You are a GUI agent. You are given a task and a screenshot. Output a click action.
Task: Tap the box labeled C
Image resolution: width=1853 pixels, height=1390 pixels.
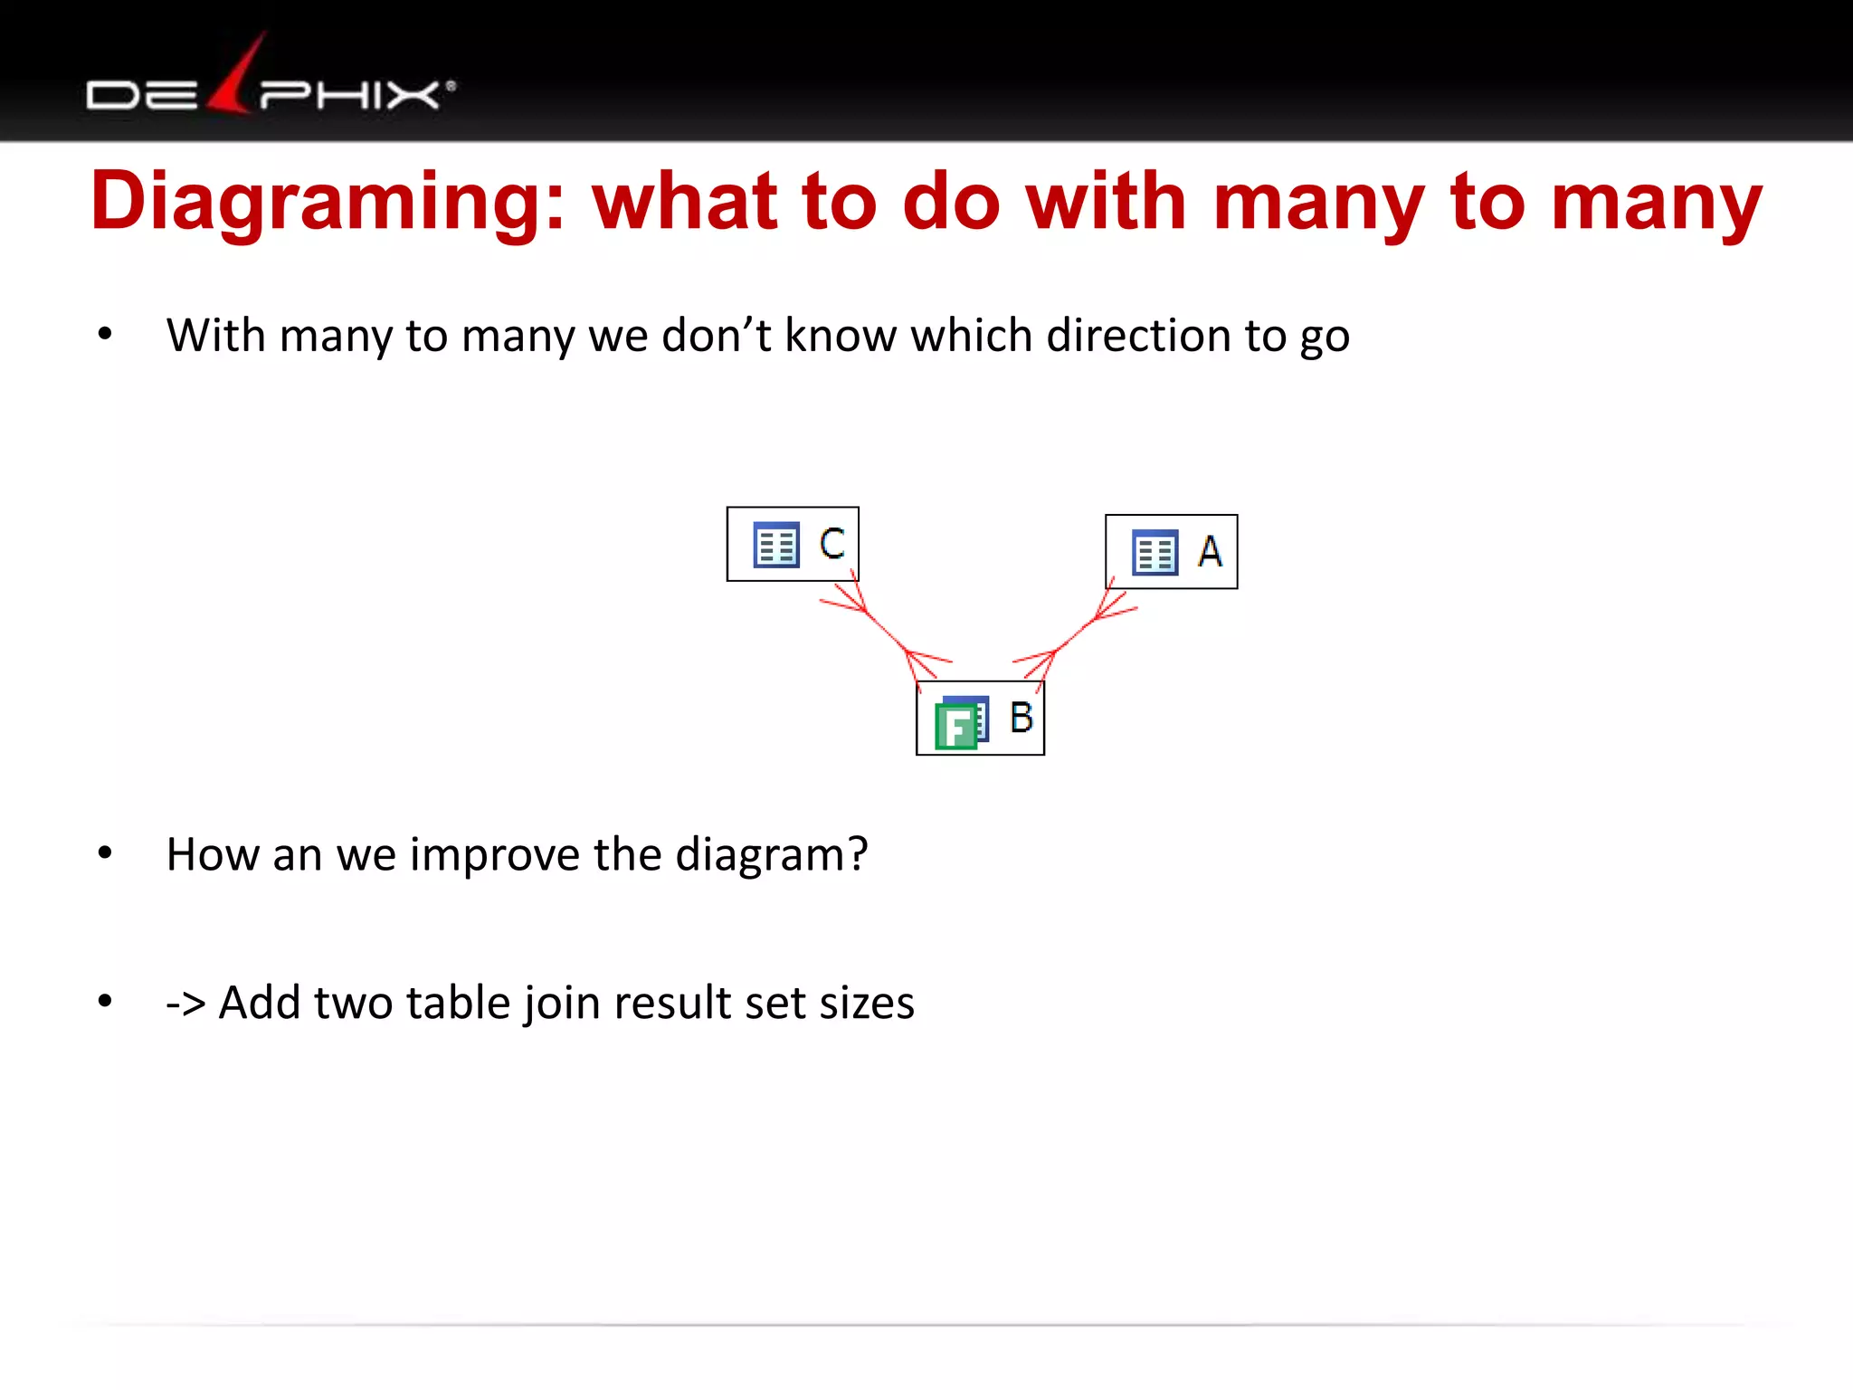tap(793, 544)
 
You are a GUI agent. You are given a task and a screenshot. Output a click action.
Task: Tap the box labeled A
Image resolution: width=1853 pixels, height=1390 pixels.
tap(1171, 552)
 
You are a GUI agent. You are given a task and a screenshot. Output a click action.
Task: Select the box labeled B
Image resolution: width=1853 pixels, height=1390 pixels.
tap(980, 719)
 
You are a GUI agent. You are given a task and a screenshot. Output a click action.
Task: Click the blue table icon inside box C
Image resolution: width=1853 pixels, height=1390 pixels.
tap(776, 545)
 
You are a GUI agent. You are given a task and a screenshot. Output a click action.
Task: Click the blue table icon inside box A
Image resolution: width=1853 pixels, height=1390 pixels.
tap(1155, 553)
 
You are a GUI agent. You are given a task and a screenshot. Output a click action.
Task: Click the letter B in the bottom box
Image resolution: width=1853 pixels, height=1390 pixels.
tap(1022, 718)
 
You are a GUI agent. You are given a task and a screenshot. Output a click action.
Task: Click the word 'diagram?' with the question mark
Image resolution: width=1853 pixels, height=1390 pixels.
tap(771, 855)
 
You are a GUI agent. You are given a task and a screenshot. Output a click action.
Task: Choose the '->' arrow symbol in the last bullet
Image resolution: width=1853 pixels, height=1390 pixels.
tap(185, 1004)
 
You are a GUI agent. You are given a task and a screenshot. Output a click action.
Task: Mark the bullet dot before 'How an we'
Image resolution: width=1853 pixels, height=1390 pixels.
tap(105, 852)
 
